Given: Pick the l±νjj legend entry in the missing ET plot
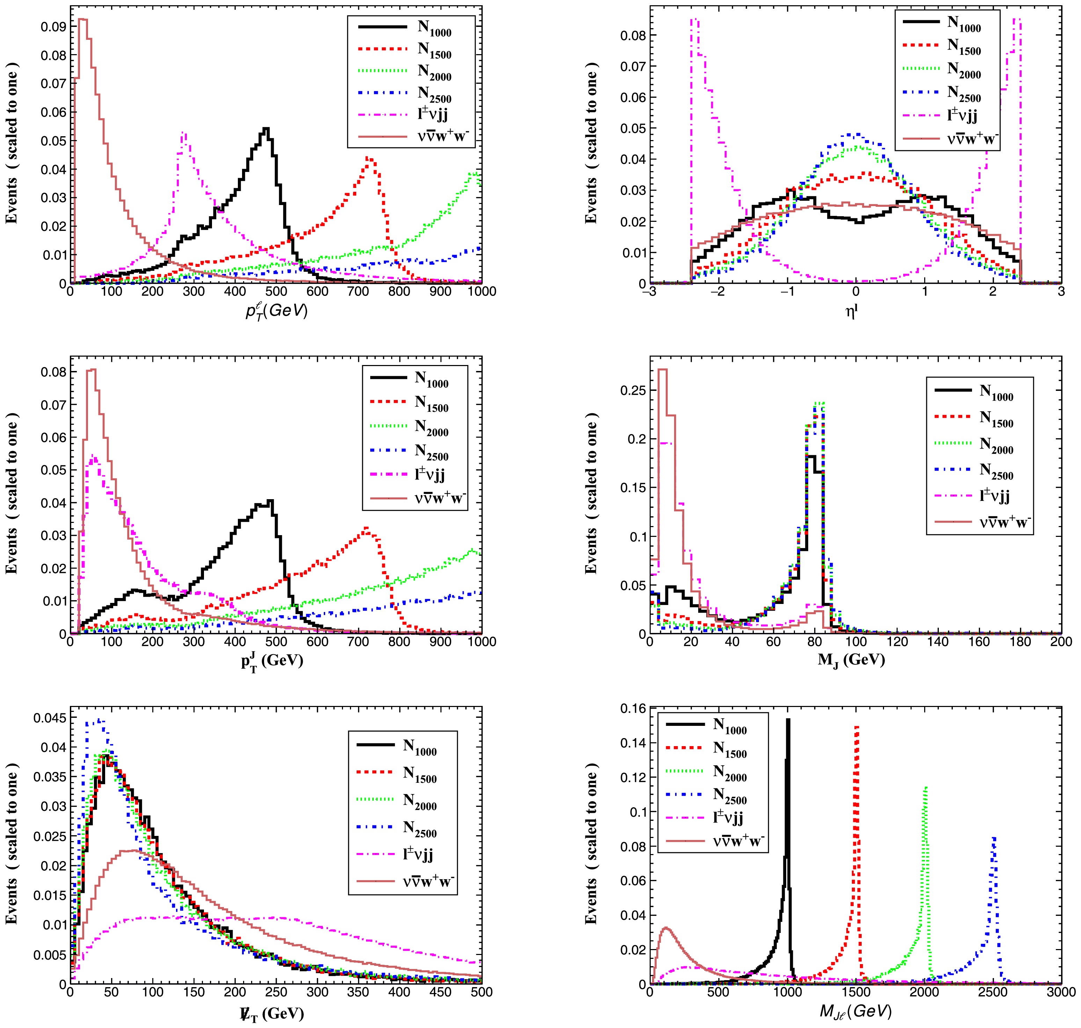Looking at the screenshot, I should point(419,854).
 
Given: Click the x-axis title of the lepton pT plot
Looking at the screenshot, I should point(276,312).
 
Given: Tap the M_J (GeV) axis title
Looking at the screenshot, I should point(851,660).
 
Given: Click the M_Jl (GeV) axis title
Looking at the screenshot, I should point(855,1011).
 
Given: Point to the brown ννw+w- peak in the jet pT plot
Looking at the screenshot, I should point(92,370).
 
